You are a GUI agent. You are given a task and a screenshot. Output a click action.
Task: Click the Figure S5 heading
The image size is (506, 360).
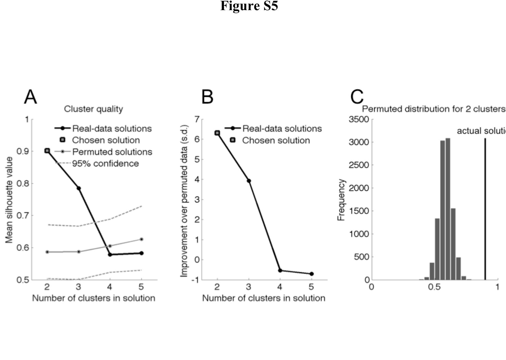pyautogui.click(x=249, y=6)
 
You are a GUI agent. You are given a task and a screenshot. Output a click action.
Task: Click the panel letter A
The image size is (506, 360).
pyautogui.click(x=30, y=97)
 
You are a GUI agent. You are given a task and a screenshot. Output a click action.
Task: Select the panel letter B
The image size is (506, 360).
pyautogui.click(x=207, y=97)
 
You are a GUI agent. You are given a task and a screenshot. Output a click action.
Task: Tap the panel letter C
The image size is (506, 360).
pyautogui.click(x=357, y=97)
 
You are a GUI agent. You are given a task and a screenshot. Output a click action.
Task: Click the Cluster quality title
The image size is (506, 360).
pyautogui.click(x=94, y=109)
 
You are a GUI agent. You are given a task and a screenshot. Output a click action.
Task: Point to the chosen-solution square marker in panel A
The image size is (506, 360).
pyautogui.click(x=47, y=151)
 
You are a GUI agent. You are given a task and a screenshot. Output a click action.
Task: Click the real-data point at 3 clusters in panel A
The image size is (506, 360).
pyautogui.click(x=79, y=188)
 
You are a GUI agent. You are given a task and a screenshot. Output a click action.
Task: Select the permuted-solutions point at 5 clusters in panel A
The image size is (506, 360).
pyautogui.click(x=142, y=239)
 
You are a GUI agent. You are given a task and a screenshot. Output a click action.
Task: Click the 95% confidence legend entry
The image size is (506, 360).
pyautogui.click(x=105, y=164)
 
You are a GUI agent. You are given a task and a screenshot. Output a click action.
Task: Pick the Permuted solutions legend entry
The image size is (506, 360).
pyautogui.click(x=112, y=152)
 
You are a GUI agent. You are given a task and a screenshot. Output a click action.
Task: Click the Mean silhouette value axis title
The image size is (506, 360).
pyautogui.click(x=9, y=200)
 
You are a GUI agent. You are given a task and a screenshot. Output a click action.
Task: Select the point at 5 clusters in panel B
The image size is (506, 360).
pyautogui.click(x=312, y=274)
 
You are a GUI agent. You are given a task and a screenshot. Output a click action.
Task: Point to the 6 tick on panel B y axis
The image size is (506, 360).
pyautogui.click(x=197, y=139)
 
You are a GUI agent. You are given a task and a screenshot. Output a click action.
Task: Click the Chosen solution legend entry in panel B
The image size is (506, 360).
pyautogui.click(x=276, y=140)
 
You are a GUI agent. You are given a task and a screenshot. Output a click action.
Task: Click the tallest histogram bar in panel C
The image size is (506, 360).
pyautogui.click(x=448, y=209)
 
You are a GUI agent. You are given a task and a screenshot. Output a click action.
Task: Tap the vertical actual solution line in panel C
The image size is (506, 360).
pyautogui.click(x=485, y=209)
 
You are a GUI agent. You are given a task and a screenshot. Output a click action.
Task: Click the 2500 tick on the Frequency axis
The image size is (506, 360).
pyautogui.click(x=359, y=165)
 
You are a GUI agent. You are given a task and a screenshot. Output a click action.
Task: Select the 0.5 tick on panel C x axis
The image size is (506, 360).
pyautogui.click(x=434, y=287)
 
